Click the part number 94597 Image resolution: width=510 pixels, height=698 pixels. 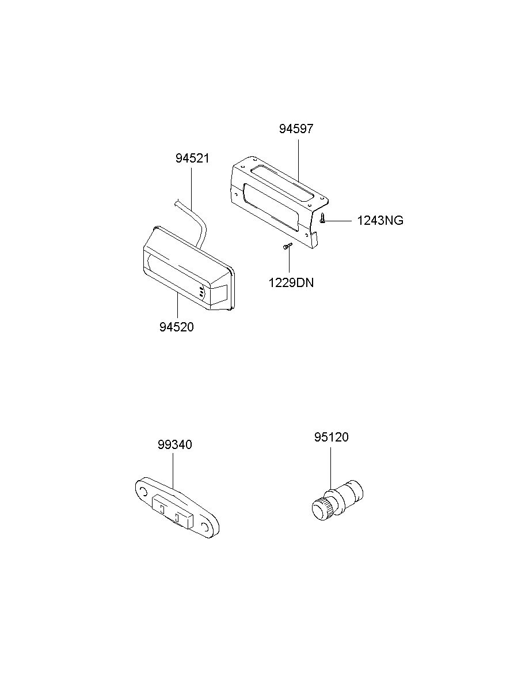coord(296,129)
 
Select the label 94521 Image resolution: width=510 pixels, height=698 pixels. coord(192,159)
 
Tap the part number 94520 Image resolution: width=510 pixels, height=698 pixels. coord(177,327)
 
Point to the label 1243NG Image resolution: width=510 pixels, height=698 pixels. coord(380,221)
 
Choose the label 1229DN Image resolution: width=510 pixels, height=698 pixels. coord(291,283)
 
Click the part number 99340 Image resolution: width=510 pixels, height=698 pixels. coord(174,444)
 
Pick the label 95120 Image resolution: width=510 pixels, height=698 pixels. coord(331,437)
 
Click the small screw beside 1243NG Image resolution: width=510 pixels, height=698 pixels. coord(323,218)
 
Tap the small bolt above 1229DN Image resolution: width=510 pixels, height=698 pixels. coord(287,246)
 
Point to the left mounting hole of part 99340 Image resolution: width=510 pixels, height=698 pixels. coord(144,492)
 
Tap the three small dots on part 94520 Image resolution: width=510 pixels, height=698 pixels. coord(201,292)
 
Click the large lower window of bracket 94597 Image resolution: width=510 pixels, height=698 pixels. coord(271,207)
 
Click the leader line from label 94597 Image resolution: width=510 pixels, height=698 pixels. coord(298,160)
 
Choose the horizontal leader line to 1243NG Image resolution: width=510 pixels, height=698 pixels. coord(339,221)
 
